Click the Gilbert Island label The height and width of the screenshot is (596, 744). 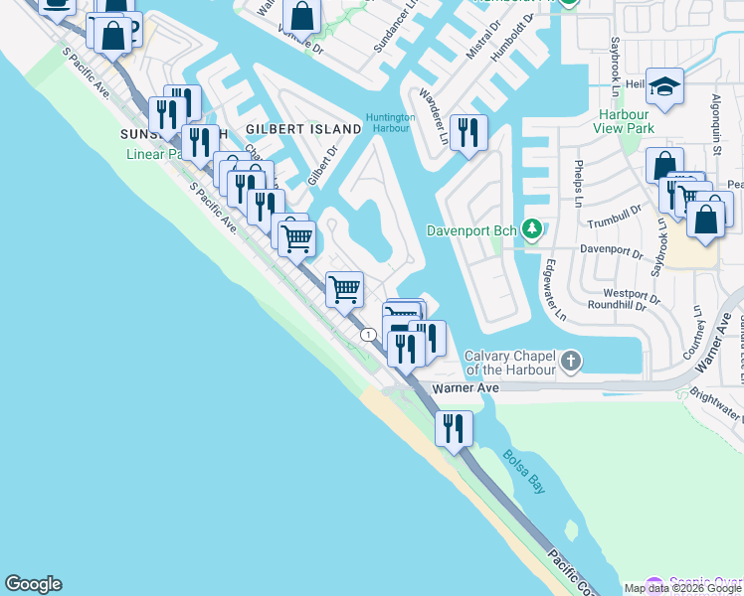click(x=303, y=130)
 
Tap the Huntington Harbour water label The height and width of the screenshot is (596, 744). click(x=390, y=123)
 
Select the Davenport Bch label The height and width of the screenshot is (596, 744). click(x=472, y=230)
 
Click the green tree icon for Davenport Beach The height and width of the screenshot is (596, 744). click(x=533, y=230)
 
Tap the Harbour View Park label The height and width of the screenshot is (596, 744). click(x=623, y=120)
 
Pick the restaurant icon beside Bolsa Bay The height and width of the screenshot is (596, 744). click(x=454, y=428)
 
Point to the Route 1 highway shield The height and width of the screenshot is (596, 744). click(x=369, y=335)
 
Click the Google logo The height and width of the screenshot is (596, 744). click(x=33, y=584)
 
